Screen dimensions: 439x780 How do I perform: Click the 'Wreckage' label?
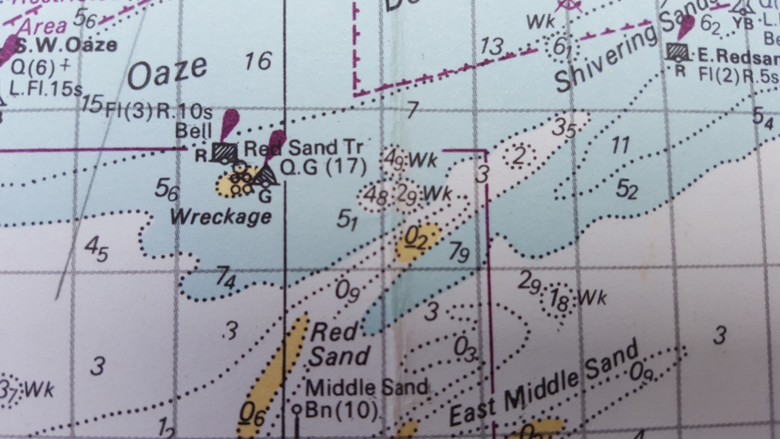click(221, 216)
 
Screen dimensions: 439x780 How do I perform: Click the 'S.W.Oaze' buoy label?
click(68, 44)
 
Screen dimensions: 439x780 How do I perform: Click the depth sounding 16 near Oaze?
click(258, 61)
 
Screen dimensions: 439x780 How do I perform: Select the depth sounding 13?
click(491, 47)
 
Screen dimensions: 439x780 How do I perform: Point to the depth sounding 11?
click(620, 144)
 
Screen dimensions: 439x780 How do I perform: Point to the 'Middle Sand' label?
click(367, 388)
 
